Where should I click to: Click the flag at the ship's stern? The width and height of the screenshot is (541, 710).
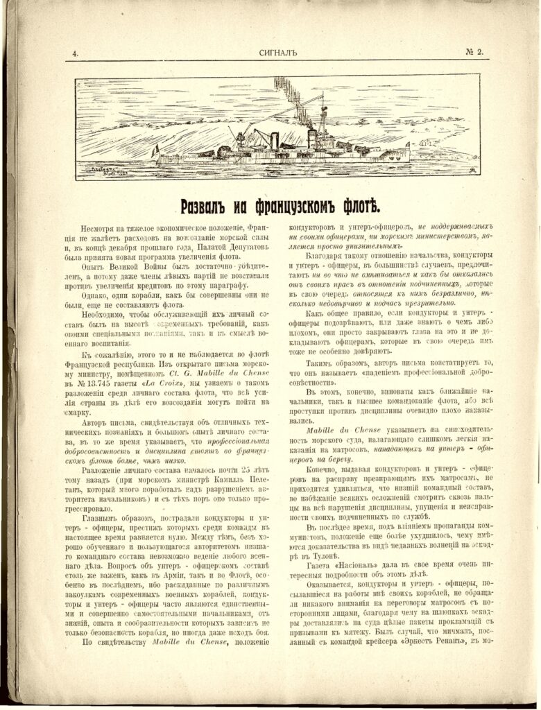click(x=156, y=149)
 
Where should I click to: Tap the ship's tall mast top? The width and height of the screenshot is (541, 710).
click(x=323, y=104)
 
